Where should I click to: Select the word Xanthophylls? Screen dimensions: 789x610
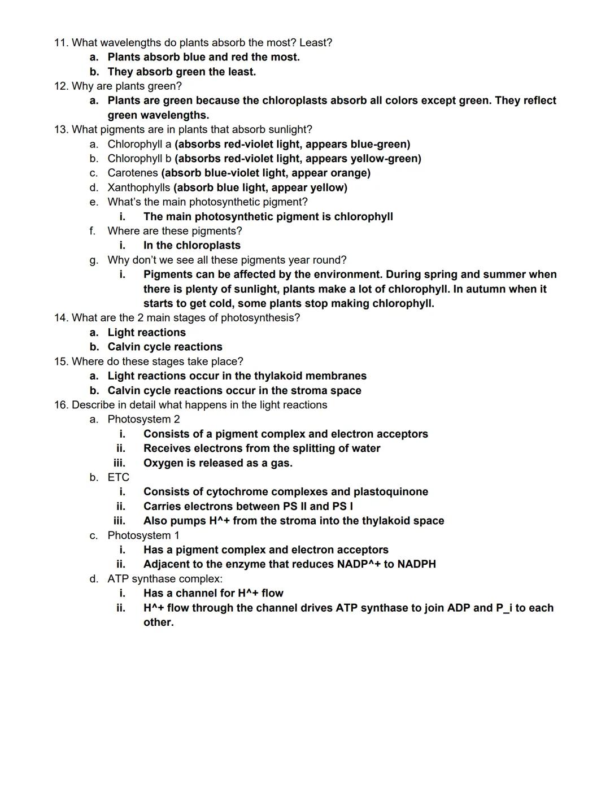pyautogui.click(x=138, y=188)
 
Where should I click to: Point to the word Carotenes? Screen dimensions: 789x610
pyautogui.click(x=133, y=173)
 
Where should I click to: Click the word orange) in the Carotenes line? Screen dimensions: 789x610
pyautogui.click(x=350, y=173)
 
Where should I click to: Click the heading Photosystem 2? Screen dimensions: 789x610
pyautogui.click(x=143, y=420)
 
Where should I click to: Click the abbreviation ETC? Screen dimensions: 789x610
pyautogui.click(x=119, y=478)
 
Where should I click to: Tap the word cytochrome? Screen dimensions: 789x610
pyautogui.click(x=238, y=492)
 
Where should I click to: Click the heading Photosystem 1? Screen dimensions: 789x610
pyautogui.click(x=143, y=535)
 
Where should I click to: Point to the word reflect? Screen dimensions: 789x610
pyautogui.click(x=537, y=101)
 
